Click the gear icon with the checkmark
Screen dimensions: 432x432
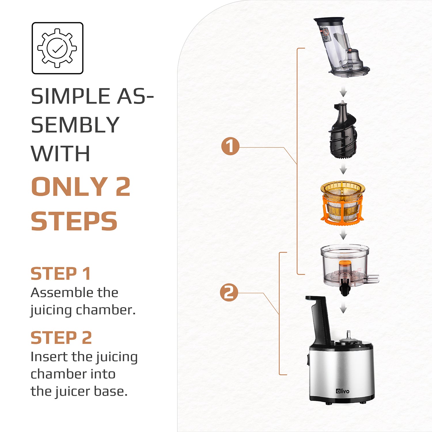[57, 48]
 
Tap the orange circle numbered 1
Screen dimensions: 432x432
[230, 146]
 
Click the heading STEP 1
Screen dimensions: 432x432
[61, 274]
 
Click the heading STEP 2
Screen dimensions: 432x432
[61, 338]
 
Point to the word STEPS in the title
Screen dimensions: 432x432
[74, 221]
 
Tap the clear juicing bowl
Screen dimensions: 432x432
[345, 265]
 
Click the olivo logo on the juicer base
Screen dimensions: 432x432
[342, 391]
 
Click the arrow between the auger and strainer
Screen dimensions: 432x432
[343, 170]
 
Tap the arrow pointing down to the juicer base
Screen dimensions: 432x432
[343, 309]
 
